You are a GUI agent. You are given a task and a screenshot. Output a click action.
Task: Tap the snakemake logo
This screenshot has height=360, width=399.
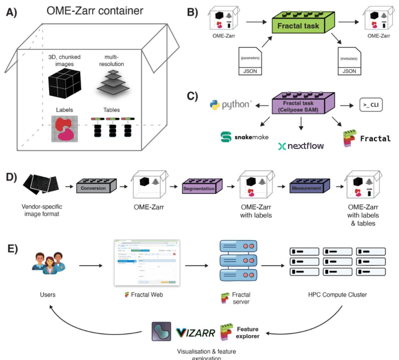click(x=244, y=137)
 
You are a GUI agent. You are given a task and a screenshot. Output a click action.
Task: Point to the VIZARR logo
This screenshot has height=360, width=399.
click(x=194, y=333)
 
